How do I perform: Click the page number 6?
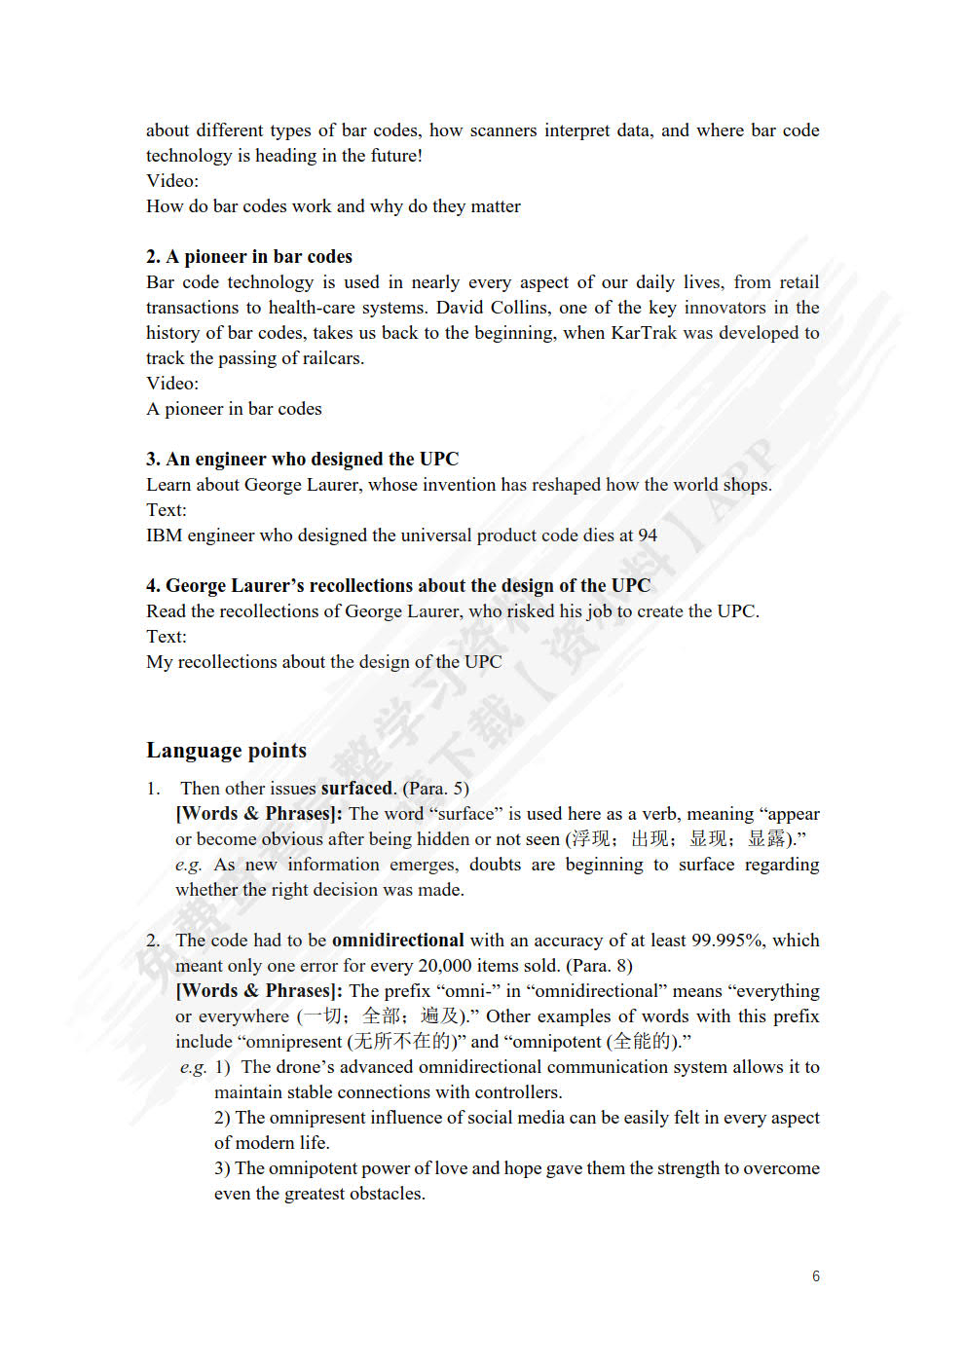[816, 1276]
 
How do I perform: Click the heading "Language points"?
[226, 751]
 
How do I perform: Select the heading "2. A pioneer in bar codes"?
[249, 257]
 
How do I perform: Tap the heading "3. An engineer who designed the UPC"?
[302, 460]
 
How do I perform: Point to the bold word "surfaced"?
[356, 789]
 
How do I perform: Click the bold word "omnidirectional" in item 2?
[397, 941]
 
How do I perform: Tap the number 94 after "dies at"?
[648, 535]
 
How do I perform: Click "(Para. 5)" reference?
[435, 789]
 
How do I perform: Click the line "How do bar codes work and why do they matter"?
[333, 206]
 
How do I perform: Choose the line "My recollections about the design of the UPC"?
[324, 662]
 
